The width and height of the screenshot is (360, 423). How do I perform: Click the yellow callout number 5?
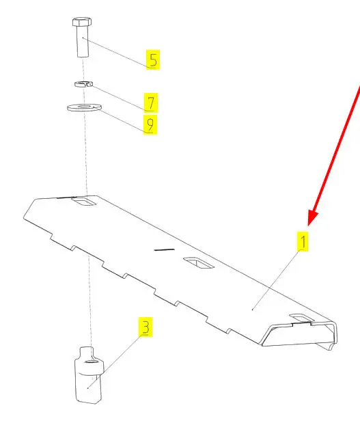(153, 59)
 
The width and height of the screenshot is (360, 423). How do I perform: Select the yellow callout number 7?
(151, 103)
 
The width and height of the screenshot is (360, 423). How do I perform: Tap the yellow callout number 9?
(150, 124)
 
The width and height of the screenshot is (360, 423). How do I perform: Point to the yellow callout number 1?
(303, 241)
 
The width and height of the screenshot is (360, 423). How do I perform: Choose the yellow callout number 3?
(146, 327)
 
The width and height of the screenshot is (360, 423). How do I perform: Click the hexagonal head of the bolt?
(82, 22)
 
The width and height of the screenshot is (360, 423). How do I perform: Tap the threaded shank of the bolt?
(83, 41)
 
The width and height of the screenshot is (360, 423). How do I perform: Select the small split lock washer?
(83, 84)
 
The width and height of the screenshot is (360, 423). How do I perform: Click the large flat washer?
(84, 108)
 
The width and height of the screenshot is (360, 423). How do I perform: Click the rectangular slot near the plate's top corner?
(83, 201)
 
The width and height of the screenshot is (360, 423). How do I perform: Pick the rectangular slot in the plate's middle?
(199, 263)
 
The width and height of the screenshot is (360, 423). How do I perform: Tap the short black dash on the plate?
(164, 249)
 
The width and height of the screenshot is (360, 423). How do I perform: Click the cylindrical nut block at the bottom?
(89, 375)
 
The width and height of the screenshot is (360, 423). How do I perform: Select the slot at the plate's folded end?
(301, 318)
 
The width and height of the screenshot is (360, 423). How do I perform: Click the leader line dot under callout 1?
(252, 310)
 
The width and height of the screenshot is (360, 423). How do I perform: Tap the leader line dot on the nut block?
(88, 388)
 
